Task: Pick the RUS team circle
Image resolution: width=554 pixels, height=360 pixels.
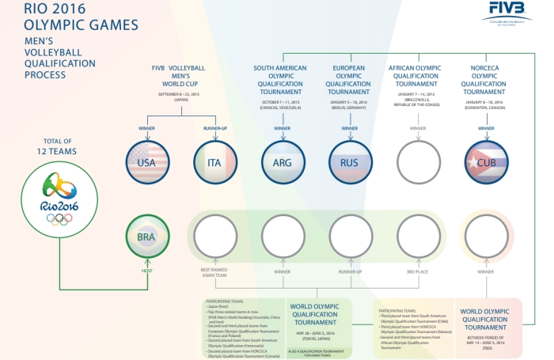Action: coord(349,163)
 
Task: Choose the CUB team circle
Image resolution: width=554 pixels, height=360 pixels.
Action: coord(484,163)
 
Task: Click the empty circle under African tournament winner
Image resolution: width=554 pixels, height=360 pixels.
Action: coord(417,163)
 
